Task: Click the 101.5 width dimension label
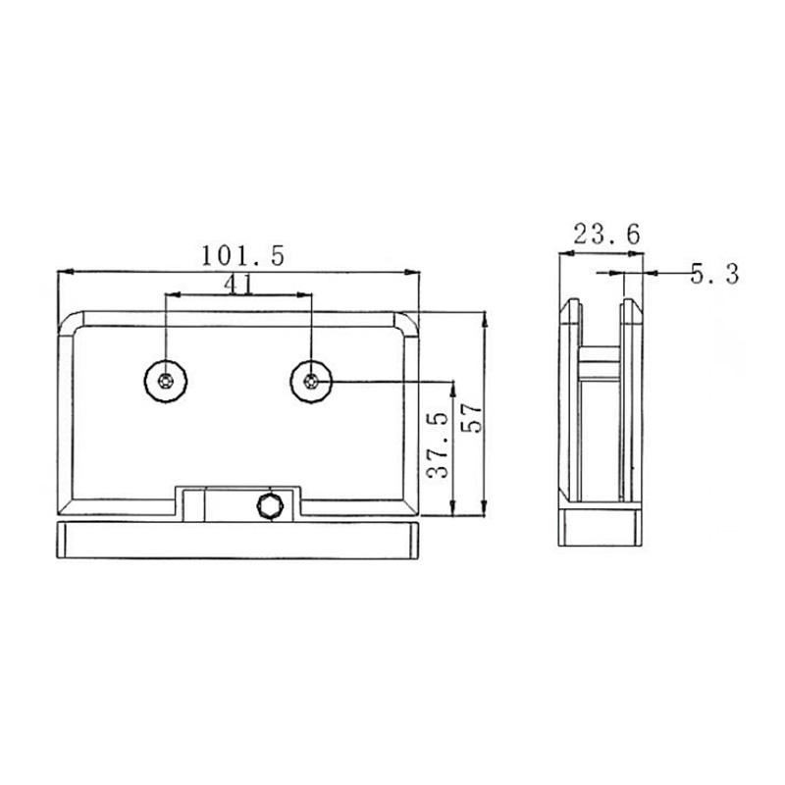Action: (x=242, y=256)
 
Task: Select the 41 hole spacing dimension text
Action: (x=239, y=284)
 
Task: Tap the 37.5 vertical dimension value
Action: (x=439, y=445)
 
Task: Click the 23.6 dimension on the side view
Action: (x=605, y=234)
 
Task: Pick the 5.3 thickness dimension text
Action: (x=713, y=274)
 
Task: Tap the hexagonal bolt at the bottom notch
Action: (x=267, y=505)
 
